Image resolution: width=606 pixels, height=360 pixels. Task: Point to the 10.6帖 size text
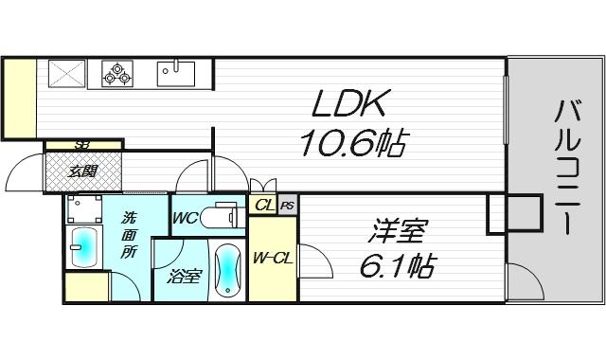pos(352,144)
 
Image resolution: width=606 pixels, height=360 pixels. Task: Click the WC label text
pos(186,219)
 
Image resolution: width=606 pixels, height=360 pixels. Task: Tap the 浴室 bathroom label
pos(185,277)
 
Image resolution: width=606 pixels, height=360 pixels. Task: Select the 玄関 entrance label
pos(82,171)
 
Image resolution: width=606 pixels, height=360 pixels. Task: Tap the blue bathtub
pos(227,271)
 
